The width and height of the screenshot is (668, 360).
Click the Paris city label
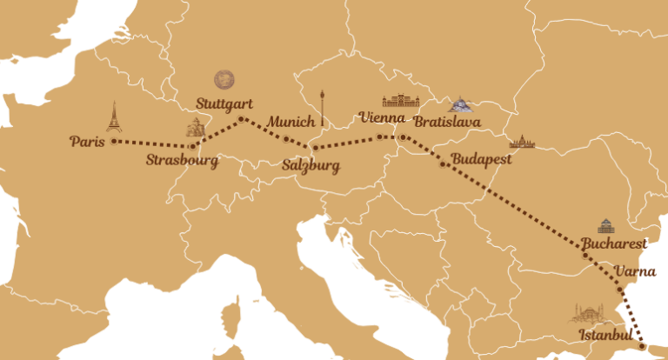click(x=88, y=141)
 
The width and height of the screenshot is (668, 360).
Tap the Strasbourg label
click(x=181, y=160)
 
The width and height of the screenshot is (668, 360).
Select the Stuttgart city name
click(x=224, y=103)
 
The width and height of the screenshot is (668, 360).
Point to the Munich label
click(x=291, y=122)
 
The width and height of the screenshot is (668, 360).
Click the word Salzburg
click(x=311, y=165)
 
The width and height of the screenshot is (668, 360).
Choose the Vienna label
click(x=381, y=117)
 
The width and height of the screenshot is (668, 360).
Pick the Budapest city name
click(x=481, y=160)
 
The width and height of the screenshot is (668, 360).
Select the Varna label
click(x=635, y=271)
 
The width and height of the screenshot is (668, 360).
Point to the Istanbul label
click(x=604, y=335)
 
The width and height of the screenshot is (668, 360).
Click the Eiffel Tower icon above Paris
click(x=113, y=117)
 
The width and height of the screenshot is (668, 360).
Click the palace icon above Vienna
click(x=400, y=101)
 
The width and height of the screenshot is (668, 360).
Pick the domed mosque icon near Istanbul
click(x=590, y=313)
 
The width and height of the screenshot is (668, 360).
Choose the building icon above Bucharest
click(x=605, y=225)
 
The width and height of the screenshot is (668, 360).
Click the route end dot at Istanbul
click(x=642, y=345)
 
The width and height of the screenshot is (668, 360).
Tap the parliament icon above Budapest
click(x=522, y=142)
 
